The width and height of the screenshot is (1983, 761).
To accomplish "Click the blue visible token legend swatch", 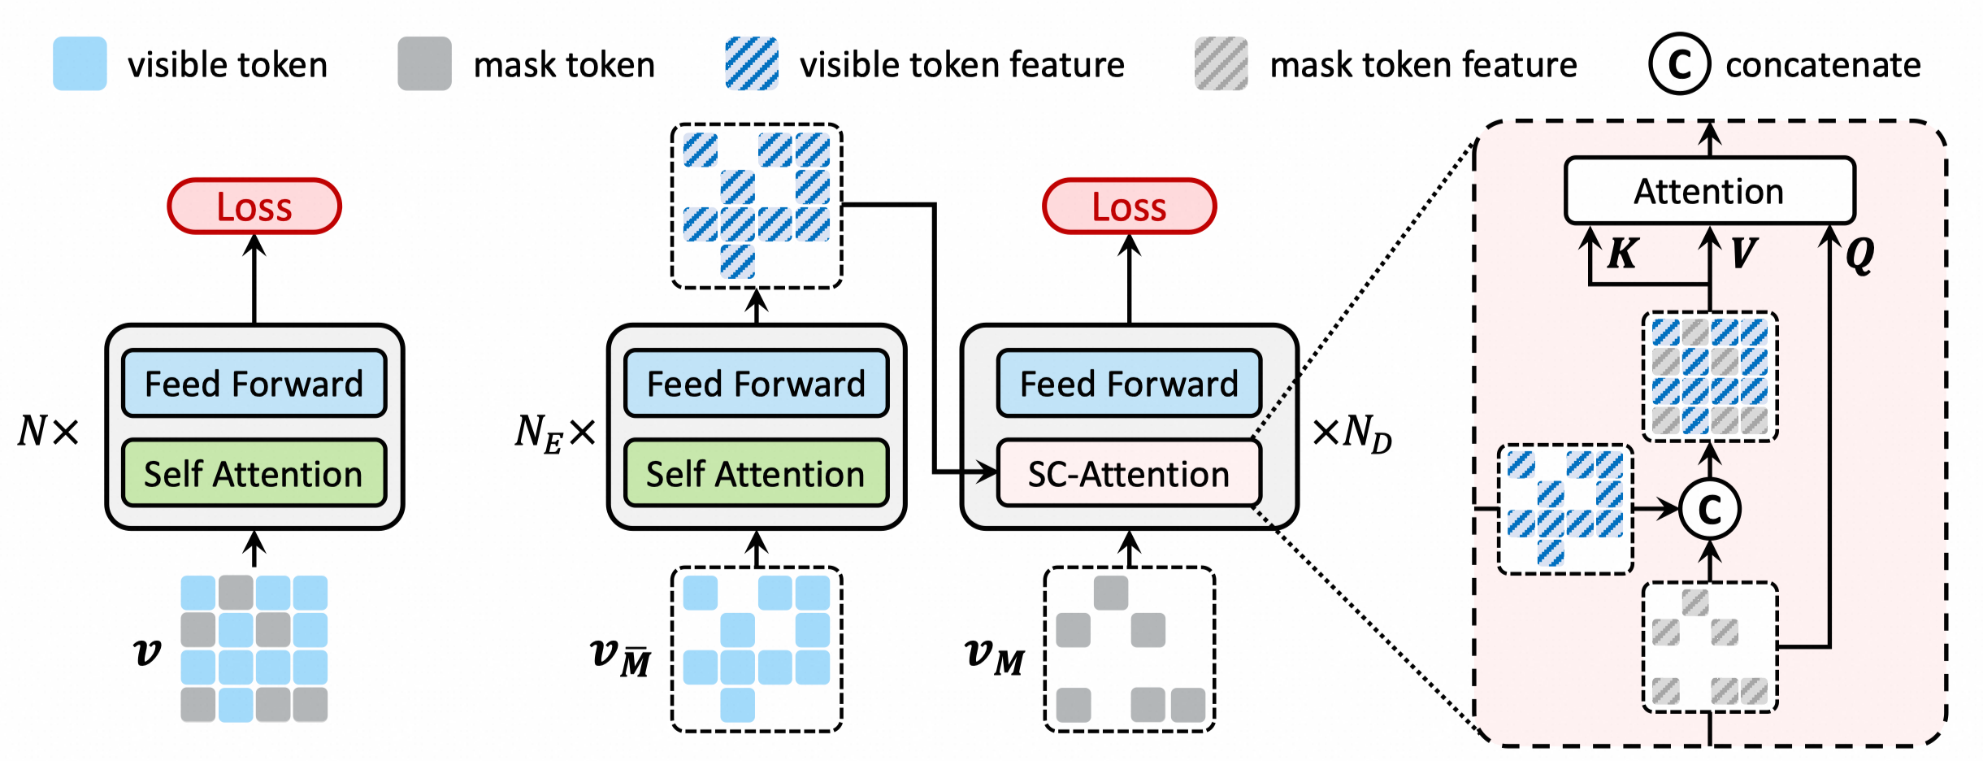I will [x=80, y=63].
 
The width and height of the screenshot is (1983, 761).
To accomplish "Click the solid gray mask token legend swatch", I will [x=424, y=63].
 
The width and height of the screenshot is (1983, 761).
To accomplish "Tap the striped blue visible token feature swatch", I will [x=752, y=63].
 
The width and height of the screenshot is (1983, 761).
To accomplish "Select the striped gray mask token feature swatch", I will [x=1221, y=63].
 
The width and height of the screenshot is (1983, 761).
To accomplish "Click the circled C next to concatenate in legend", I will [x=1679, y=63].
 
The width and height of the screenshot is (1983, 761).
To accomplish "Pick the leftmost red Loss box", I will [x=254, y=207].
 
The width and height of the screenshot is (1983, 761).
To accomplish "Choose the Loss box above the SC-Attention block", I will [x=1129, y=207].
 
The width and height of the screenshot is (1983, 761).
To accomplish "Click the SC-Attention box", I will [x=1129, y=474].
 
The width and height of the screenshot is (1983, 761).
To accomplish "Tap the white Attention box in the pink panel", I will [x=1709, y=191].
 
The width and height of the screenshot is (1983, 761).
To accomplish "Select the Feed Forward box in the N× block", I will [x=254, y=384].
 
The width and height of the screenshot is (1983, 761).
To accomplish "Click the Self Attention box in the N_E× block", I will [x=756, y=474].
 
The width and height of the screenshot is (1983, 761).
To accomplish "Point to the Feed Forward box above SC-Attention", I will [x=1129, y=384].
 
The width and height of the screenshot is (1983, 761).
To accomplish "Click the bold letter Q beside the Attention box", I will [x=1859, y=255].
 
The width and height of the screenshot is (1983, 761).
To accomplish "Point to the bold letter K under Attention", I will [x=1622, y=254].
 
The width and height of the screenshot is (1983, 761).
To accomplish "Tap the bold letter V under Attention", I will [x=1743, y=254].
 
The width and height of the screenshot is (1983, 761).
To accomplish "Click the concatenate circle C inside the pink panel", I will [x=1710, y=510].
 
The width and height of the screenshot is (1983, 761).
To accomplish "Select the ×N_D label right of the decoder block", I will [x=1352, y=433].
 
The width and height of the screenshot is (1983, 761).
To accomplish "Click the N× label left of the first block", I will [x=49, y=431].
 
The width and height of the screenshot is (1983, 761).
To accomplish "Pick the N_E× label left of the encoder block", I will [x=555, y=433].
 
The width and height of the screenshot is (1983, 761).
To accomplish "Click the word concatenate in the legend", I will [x=1823, y=64].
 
